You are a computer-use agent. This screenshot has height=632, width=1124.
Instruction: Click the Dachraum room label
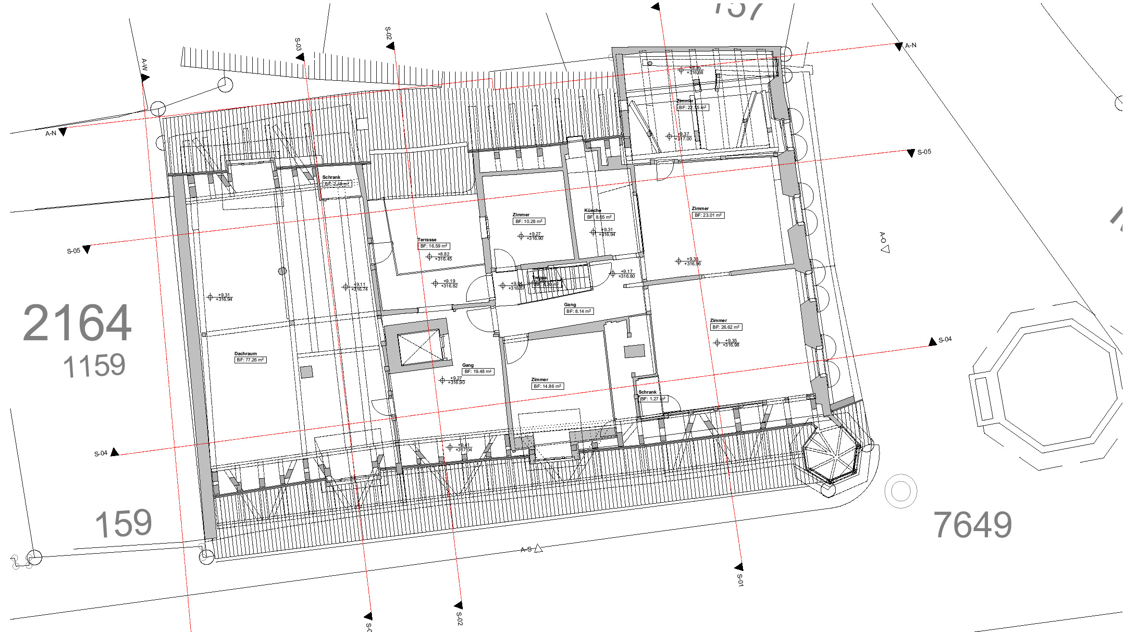[245, 353]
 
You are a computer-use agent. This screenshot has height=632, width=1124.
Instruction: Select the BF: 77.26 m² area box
[250, 360]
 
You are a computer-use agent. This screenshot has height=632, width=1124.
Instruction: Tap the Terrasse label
[427, 239]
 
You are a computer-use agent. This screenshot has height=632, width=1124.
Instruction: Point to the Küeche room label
[593, 210]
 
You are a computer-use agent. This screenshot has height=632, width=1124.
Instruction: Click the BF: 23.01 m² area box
[708, 215]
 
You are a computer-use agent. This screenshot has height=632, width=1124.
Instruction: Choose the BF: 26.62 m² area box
[726, 327]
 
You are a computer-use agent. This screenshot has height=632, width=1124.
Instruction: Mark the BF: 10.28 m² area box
[529, 222]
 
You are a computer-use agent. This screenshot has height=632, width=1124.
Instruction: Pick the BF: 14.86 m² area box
[547, 386]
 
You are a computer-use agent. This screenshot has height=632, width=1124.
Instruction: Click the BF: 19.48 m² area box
[478, 372]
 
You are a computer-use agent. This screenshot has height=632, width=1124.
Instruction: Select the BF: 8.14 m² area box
[578, 311]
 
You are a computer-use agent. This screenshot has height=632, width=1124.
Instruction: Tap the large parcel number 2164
[77, 323]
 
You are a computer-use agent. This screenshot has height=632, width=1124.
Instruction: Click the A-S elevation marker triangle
[539, 548]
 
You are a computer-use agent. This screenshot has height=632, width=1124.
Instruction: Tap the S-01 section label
[740, 580]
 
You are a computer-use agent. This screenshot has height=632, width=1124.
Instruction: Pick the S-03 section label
[298, 44]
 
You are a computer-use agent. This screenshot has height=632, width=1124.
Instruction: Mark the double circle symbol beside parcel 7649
[901, 491]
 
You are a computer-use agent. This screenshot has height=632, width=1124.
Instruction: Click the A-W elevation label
[144, 64]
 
